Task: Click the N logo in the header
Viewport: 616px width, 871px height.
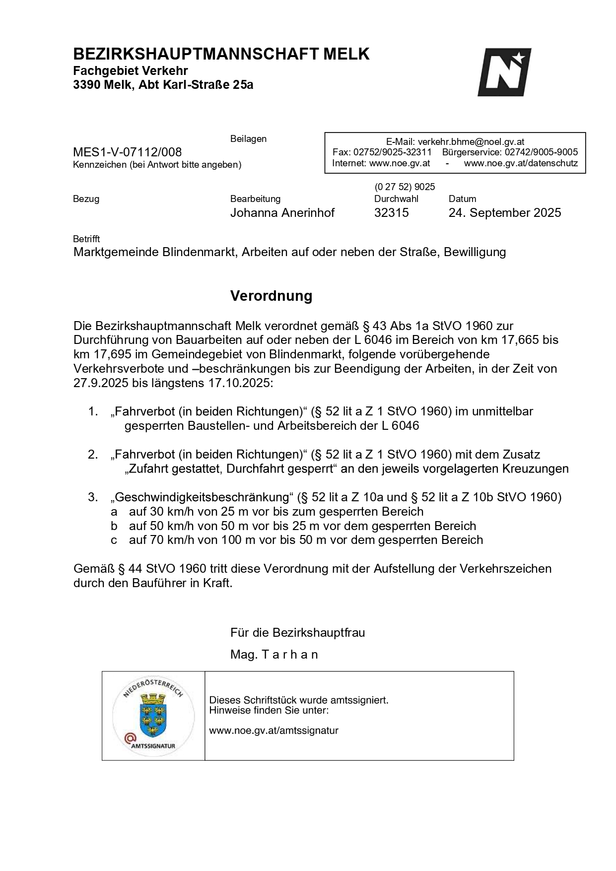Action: tap(504, 72)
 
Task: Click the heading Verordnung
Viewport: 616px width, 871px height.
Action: tap(271, 296)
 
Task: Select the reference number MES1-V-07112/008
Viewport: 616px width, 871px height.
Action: tap(127, 152)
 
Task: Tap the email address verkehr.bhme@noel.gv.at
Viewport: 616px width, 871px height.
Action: tap(471, 142)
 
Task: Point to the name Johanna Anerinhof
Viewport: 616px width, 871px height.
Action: tap(282, 213)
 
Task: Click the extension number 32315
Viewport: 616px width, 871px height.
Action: tap(391, 213)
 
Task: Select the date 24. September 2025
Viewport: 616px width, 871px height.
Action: tap(504, 213)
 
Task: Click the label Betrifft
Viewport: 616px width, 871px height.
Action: tap(86, 239)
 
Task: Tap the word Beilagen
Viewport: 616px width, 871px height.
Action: tap(248, 139)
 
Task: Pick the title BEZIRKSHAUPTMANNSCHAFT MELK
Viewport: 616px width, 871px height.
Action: tap(221, 54)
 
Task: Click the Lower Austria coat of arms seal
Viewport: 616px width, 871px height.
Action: tap(153, 715)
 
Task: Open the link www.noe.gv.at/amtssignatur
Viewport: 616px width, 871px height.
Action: tap(274, 731)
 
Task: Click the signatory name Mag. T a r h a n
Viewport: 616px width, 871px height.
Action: tap(274, 655)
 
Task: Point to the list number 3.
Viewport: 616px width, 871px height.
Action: tap(93, 497)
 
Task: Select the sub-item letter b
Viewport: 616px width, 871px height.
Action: tap(114, 526)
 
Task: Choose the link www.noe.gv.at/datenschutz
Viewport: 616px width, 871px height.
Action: tap(521, 163)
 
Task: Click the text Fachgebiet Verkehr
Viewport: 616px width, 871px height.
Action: tap(131, 71)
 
